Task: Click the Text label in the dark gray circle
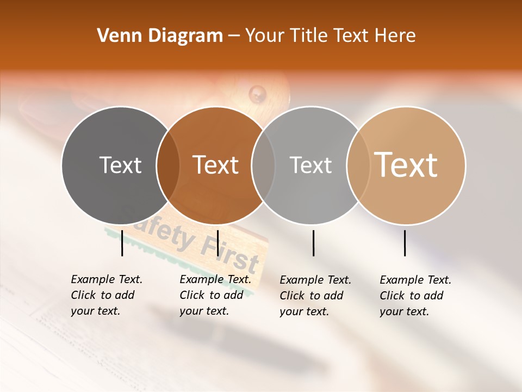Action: [x=120, y=166]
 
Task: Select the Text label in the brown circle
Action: [x=216, y=166]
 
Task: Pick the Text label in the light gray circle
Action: [x=310, y=166]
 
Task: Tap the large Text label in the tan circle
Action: [x=406, y=165]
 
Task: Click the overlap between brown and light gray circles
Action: [x=263, y=166]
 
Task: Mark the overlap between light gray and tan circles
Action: [x=358, y=166]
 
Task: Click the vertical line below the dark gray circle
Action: [x=122, y=243]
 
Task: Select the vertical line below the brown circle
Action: [x=217, y=243]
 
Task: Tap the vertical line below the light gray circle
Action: [x=314, y=243]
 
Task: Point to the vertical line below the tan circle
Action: [x=405, y=243]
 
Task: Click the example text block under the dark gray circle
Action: [x=106, y=295]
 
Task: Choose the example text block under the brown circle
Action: [x=215, y=295]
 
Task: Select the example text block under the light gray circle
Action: [x=315, y=296]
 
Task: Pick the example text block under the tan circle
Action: [x=415, y=296]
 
